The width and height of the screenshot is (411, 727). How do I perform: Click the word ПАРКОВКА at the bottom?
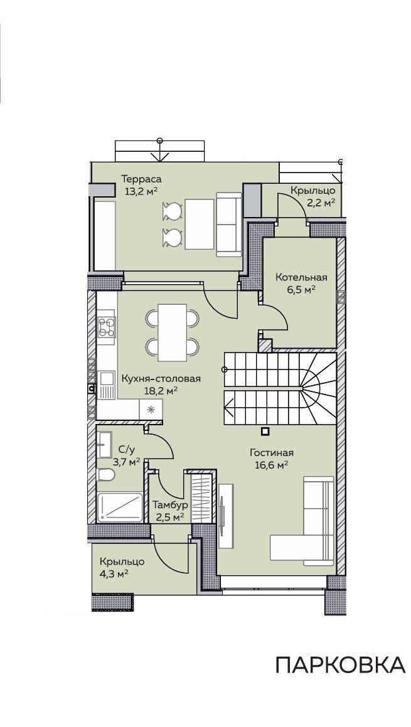tap(341, 664)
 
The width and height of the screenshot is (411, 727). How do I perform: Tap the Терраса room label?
tap(141, 179)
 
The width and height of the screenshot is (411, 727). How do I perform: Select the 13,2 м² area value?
tap(141, 191)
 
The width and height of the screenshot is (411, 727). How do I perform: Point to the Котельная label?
tap(301, 277)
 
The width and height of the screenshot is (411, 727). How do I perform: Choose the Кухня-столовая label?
tap(161, 379)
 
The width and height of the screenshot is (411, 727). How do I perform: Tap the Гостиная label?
tap(271, 452)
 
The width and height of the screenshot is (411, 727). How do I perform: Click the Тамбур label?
tap(170, 505)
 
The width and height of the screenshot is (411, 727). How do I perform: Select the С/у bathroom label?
tap(127, 449)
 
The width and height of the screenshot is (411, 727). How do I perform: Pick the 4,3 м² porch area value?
tap(114, 573)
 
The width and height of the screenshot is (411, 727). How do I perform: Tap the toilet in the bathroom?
tap(106, 475)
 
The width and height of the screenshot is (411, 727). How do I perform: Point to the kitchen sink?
tap(106, 386)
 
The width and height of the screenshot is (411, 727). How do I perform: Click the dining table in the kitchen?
tap(173, 332)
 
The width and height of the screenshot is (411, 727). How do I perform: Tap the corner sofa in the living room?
tap(302, 520)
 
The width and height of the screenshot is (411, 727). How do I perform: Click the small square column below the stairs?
tap(265, 432)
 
